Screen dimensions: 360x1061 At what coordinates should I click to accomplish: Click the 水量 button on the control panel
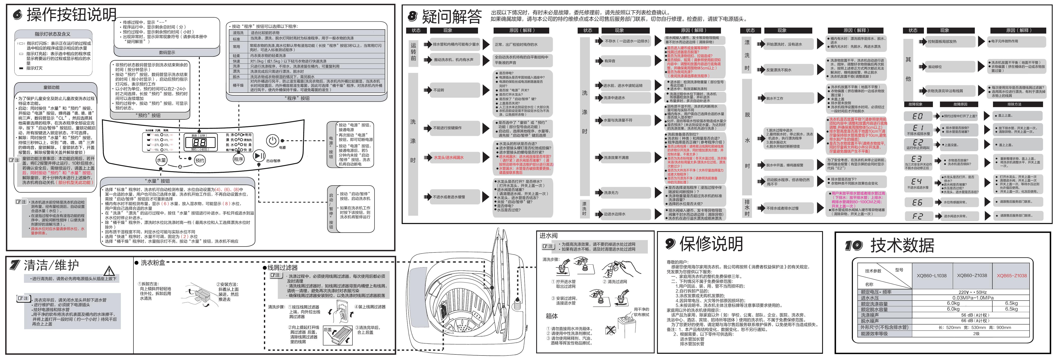pos(161,160)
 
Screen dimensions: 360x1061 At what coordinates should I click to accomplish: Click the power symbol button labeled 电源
pos(272,141)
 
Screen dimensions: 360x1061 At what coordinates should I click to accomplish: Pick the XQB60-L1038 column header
pos(931,276)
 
